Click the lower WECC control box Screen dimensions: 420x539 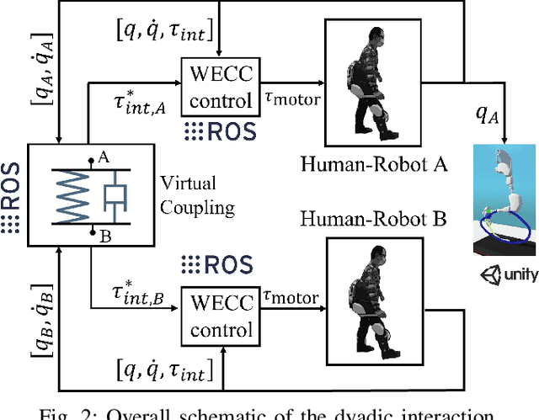pos(217,316)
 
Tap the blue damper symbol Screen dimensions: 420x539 pos(115,196)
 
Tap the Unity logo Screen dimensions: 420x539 pos(507,274)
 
